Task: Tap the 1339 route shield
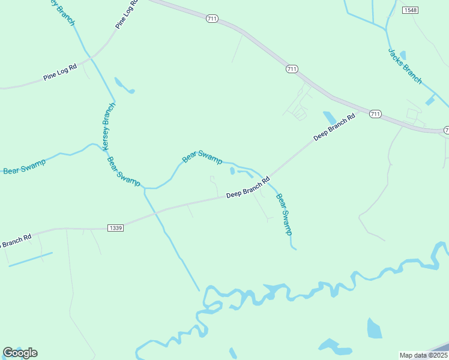coord(116,228)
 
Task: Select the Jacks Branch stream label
coord(405,66)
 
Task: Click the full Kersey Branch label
coord(108,127)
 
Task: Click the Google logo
coord(20,353)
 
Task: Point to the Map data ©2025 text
coord(423,355)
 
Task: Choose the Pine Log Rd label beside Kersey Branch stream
coord(60,73)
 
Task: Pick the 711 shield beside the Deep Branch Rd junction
coord(375,113)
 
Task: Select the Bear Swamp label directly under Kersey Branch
coord(124,171)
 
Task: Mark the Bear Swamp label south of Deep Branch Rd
coord(284,214)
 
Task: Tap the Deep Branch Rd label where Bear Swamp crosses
coord(248,188)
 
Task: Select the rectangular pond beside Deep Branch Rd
coord(330,117)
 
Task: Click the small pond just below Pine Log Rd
coord(124,86)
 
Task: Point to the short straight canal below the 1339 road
coord(30,259)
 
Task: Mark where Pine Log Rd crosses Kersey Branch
coord(91,58)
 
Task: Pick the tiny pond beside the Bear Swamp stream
coord(232,171)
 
